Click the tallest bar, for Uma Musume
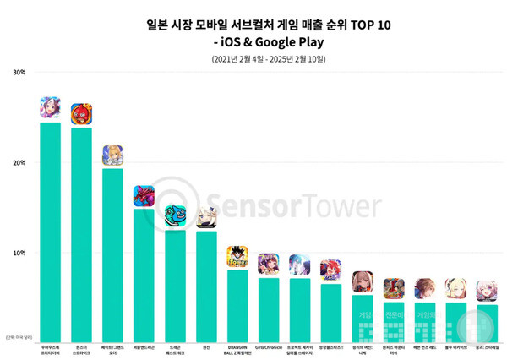point(50,228)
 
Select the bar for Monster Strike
point(81,232)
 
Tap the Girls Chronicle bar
point(268,308)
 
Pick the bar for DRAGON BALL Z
point(237,304)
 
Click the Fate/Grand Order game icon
point(112,155)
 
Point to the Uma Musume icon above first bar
point(50,108)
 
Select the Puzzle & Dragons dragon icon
point(144,196)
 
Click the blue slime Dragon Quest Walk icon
point(175,216)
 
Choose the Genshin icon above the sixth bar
point(206,218)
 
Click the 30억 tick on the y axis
point(19,72)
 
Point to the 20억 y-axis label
point(19,162)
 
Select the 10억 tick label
point(19,253)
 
